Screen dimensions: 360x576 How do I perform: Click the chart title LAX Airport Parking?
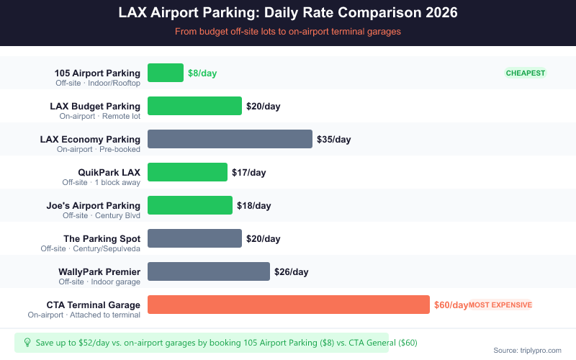288,13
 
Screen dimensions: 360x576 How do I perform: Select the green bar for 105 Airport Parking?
166,73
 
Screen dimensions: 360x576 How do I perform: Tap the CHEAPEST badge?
526,73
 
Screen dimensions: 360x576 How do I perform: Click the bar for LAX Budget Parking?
194,106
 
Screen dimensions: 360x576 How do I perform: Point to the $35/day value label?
333,139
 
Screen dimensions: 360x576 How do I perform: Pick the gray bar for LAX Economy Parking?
230,139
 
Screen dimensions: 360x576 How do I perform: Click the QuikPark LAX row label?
109,172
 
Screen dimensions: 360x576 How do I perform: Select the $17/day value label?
248,172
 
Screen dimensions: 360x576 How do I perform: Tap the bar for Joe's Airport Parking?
190,205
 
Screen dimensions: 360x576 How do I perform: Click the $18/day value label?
253,205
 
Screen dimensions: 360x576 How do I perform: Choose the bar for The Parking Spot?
194,238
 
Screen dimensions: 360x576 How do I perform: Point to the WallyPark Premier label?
99,271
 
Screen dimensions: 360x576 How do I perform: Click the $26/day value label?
291,271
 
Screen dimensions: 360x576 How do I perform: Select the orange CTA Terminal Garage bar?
288,305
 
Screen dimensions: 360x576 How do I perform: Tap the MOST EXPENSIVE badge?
500,305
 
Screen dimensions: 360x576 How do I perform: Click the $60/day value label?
451,305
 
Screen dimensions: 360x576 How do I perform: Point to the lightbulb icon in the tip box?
27,343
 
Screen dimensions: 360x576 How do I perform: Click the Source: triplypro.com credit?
527,350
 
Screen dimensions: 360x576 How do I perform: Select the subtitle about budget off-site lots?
288,32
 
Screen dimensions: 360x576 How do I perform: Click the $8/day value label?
202,73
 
